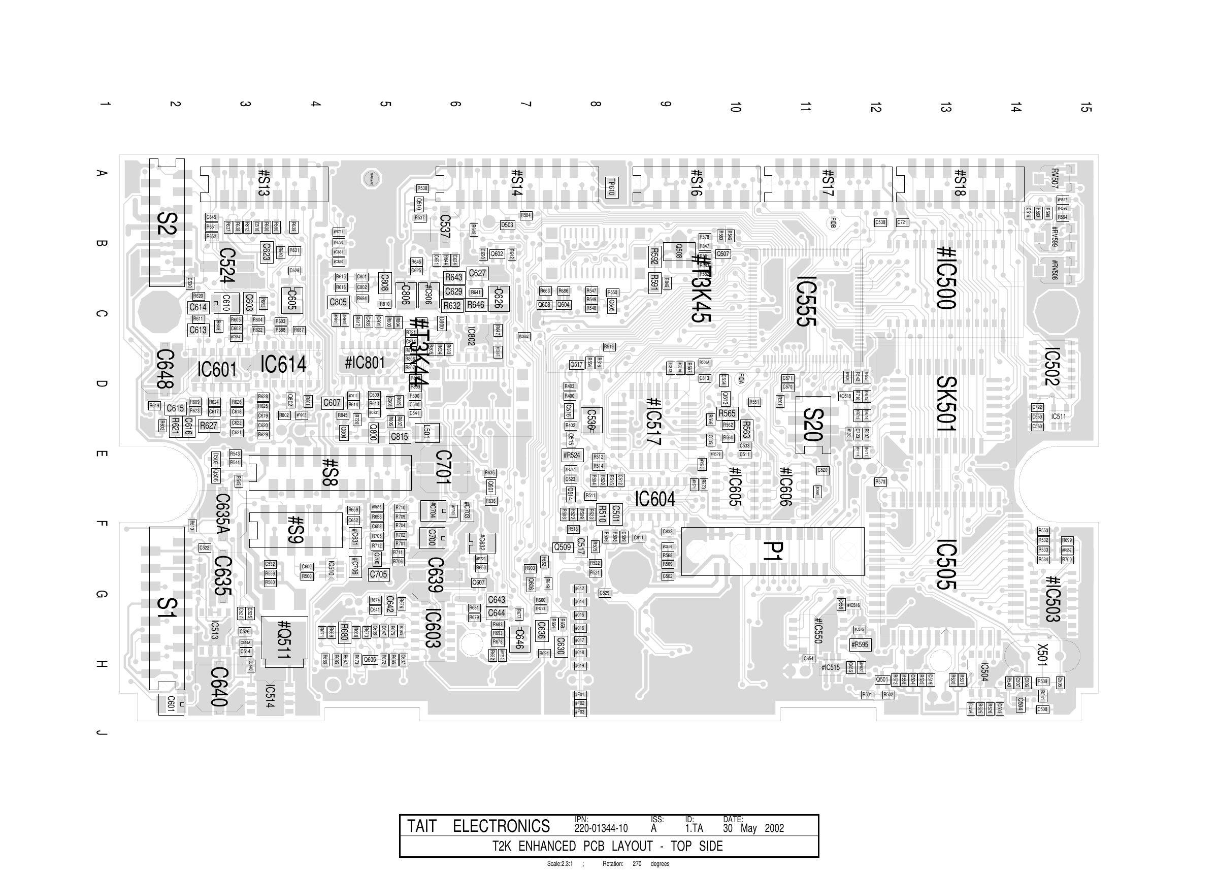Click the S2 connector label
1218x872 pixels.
[x=167, y=224]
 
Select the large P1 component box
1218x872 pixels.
[x=772, y=552]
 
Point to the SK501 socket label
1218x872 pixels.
[x=946, y=403]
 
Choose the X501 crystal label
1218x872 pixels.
[x=1042, y=655]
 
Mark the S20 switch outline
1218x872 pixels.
[x=813, y=425]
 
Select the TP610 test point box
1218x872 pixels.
[x=611, y=187]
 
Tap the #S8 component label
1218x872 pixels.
[x=330, y=472]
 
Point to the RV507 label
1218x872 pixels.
[x=1055, y=178]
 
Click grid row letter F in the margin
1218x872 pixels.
[x=100, y=524]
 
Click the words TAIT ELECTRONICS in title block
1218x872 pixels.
[x=478, y=826]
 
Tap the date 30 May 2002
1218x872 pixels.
[x=752, y=828]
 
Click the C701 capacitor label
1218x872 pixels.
[x=443, y=467]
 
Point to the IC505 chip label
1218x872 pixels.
[x=946, y=565]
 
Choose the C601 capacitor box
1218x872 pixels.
[x=171, y=704]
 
